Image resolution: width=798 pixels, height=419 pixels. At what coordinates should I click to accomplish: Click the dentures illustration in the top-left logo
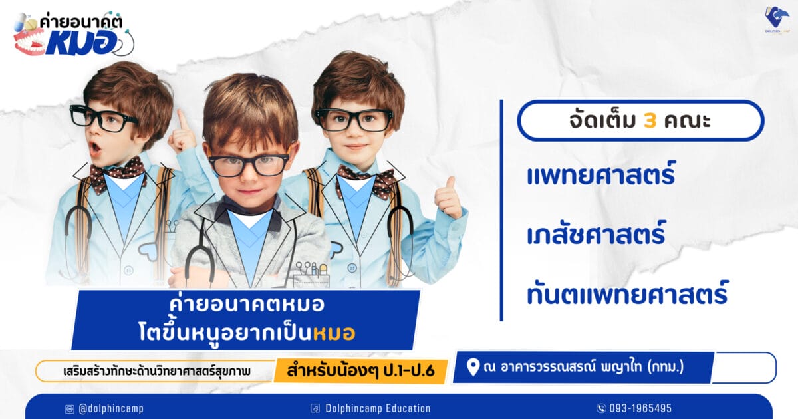(x=29, y=43)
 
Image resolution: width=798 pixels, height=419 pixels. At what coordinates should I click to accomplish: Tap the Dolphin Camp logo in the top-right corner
(x=777, y=19)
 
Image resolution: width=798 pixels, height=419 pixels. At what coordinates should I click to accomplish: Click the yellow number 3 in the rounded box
(x=650, y=121)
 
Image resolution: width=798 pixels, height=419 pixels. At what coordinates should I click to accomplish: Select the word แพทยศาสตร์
(x=601, y=174)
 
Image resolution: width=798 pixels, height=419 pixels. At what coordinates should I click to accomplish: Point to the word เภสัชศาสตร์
(x=596, y=233)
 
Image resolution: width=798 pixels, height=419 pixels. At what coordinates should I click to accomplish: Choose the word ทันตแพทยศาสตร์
(x=627, y=293)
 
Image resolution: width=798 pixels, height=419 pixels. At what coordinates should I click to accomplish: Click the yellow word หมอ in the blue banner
(x=334, y=333)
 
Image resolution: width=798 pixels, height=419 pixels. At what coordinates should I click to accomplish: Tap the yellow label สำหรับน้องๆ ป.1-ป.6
(x=360, y=371)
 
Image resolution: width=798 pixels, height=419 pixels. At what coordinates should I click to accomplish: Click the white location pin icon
(x=473, y=368)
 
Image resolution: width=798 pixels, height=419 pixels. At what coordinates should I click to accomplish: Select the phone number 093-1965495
(x=640, y=408)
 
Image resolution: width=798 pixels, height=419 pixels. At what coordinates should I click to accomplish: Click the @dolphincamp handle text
(x=111, y=408)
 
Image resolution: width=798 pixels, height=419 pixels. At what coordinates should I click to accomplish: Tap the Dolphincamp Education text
(x=378, y=408)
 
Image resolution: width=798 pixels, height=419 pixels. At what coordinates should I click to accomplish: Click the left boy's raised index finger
(x=183, y=120)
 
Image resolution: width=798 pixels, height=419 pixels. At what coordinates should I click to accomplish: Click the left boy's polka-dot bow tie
(x=118, y=174)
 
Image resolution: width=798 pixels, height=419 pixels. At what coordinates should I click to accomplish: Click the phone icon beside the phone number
(x=601, y=408)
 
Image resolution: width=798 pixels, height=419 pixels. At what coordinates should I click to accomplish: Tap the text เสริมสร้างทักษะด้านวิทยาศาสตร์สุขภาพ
(x=157, y=371)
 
